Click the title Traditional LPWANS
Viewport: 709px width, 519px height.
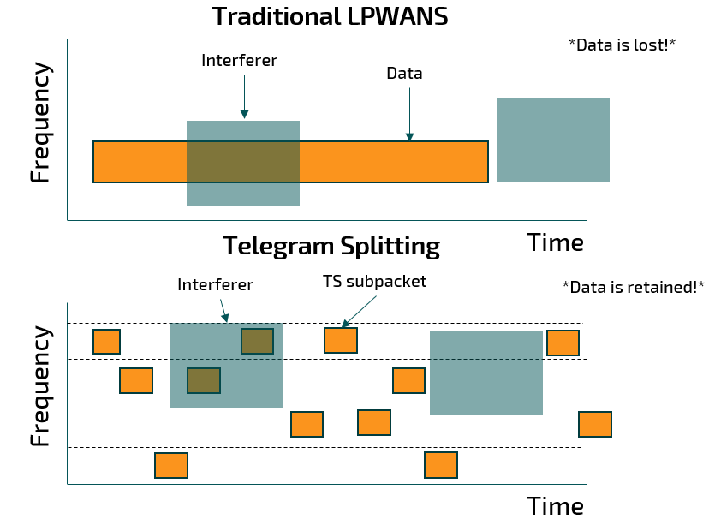(x=330, y=16)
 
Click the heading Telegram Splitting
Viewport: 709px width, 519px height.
(x=331, y=247)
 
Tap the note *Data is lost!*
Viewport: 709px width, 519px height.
(x=622, y=45)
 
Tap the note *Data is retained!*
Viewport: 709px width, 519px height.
(x=633, y=287)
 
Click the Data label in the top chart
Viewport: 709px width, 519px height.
(x=404, y=74)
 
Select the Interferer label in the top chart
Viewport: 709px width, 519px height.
(x=239, y=61)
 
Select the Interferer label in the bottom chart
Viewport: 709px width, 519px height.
(x=215, y=285)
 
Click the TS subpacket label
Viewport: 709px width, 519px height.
(x=374, y=281)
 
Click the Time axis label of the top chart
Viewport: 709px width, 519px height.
(x=555, y=242)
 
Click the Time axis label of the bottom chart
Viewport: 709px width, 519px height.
(x=555, y=505)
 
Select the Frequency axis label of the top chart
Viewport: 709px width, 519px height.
(x=40, y=122)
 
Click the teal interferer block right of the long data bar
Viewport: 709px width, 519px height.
(x=552, y=140)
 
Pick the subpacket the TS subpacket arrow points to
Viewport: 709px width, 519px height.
(x=340, y=341)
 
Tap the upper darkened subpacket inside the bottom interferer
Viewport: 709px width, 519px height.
(x=257, y=341)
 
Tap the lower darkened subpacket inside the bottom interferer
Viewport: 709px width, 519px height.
(x=204, y=380)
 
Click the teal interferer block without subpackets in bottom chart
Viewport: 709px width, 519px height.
(x=486, y=373)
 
